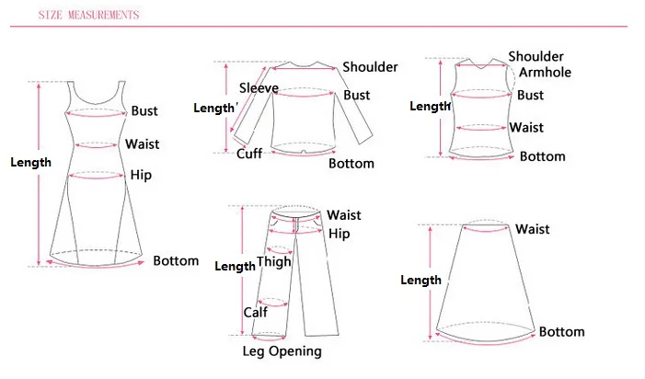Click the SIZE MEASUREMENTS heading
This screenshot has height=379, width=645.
pyautogui.click(x=90, y=16)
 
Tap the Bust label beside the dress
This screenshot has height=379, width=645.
pyautogui.click(x=144, y=111)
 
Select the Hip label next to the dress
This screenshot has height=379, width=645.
pyautogui.click(x=141, y=175)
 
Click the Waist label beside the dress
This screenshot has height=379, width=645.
pyautogui.click(x=143, y=144)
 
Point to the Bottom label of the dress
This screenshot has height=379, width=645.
pyautogui.click(x=176, y=260)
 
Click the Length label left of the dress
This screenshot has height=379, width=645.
pyautogui.click(x=30, y=163)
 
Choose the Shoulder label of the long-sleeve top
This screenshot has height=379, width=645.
pyautogui.click(x=370, y=66)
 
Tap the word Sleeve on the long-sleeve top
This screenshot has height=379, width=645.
pyautogui.click(x=259, y=88)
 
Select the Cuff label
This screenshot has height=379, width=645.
pyautogui.click(x=249, y=154)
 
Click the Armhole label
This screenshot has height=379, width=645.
pyautogui.click(x=546, y=73)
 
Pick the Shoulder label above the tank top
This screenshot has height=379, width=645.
pyautogui.click(x=536, y=57)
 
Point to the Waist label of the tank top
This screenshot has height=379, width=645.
pyautogui.click(x=526, y=128)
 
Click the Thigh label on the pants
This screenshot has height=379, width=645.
pyautogui.click(x=273, y=261)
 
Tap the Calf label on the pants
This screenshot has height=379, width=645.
pyautogui.click(x=255, y=313)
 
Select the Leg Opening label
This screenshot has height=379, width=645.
pyautogui.click(x=282, y=350)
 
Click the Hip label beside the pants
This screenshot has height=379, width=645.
pyautogui.click(x=340, y=234)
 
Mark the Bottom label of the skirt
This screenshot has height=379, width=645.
pyautogui.click(x=561, y=331)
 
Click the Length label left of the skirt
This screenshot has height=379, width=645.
pyautogui.click(x=420, y=280)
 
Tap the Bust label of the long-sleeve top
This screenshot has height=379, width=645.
pyautogui.click(x=357, y=95)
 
